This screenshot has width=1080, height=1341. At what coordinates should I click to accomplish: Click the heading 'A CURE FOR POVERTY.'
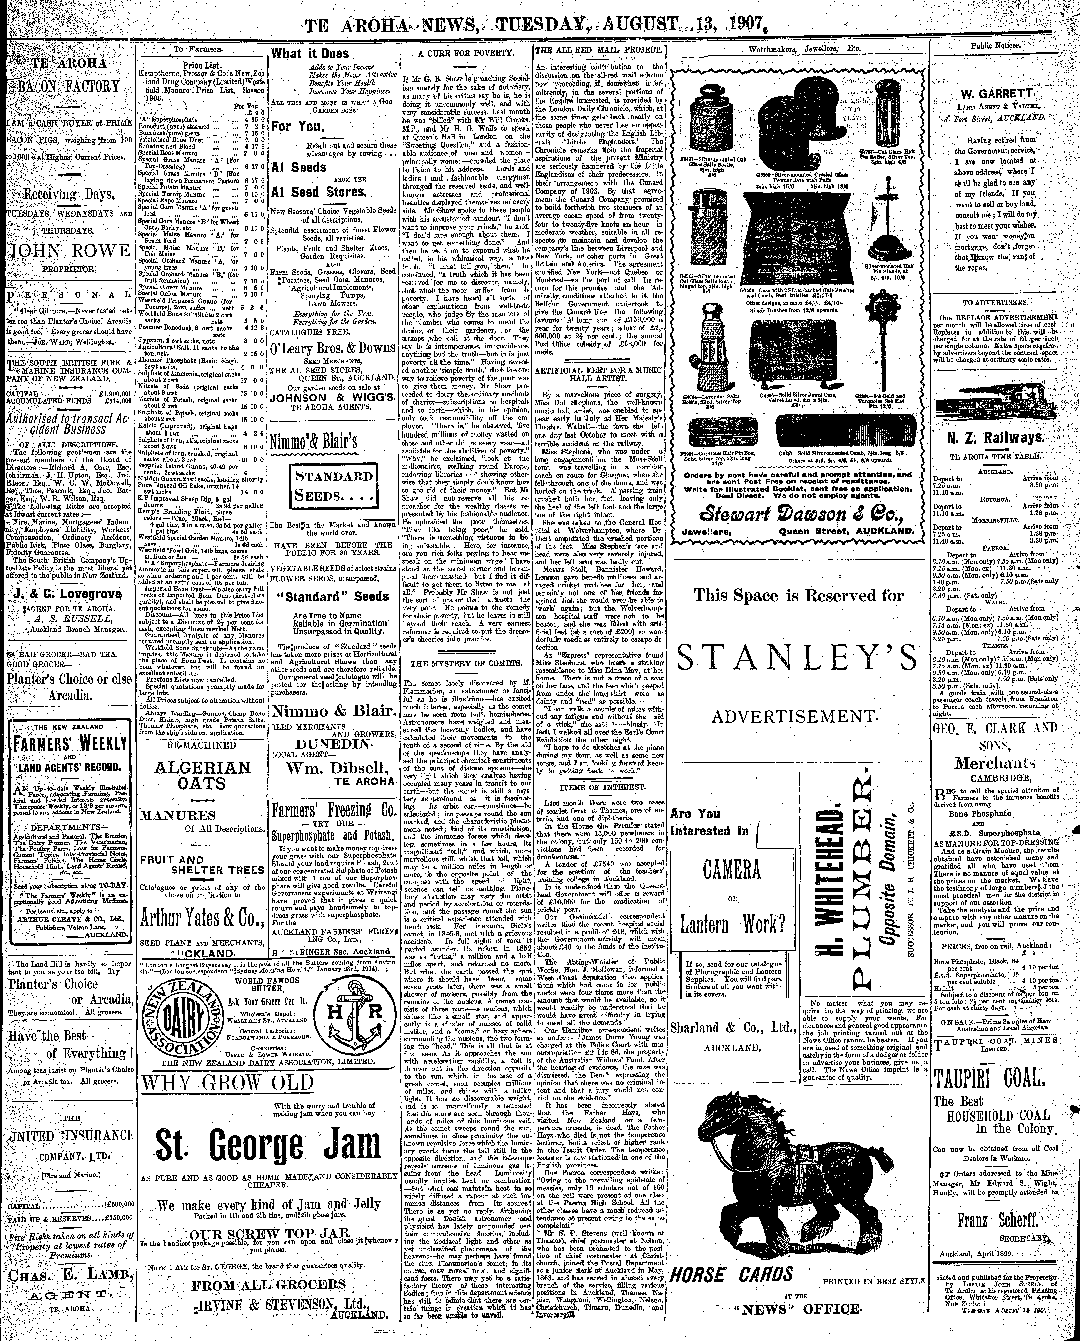tap(465, 54)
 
